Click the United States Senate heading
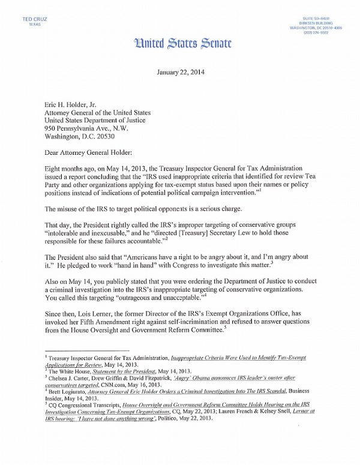click(x=179, y=44)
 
